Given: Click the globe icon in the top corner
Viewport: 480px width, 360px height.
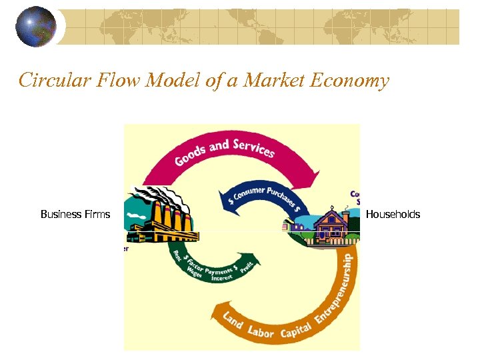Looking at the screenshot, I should coord(35,27).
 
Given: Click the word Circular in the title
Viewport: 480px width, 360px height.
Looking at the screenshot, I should coord(49,81).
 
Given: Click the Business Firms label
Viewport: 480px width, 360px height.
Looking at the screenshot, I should coord(75,214).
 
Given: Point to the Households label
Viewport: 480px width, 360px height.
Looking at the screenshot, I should coord(393,214).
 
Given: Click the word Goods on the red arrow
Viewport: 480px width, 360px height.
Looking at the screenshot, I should coord(191,155).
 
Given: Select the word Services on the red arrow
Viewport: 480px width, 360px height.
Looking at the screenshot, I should coord(254,147).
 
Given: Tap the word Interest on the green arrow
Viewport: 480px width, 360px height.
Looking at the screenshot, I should coord(223,278).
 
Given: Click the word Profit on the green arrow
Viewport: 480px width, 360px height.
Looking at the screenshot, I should coord(247,266).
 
